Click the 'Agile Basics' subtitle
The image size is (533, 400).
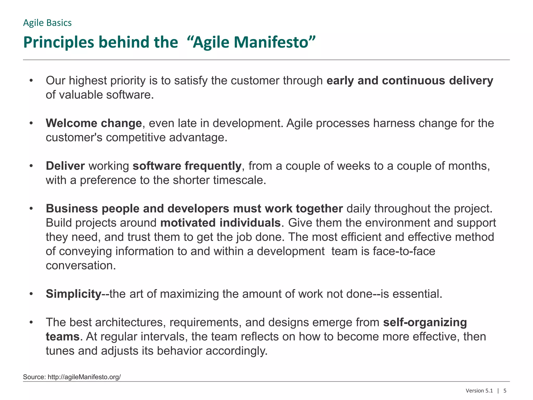[47, 23]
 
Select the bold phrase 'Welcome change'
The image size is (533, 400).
[94, 123]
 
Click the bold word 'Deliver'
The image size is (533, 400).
[65, 166]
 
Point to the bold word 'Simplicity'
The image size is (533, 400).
[73, 294]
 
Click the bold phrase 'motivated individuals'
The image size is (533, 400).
[220, 223]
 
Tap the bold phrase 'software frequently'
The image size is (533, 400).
[187, 166]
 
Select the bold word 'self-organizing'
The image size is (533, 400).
[425, 322]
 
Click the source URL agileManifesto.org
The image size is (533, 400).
[84, 377]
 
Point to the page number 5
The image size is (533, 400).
[505, 391]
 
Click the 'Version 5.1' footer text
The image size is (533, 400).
[479, 391]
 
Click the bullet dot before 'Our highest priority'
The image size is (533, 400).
[31, 81]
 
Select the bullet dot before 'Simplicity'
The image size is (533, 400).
[31, 294]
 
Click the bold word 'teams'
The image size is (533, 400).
[62, 337]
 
